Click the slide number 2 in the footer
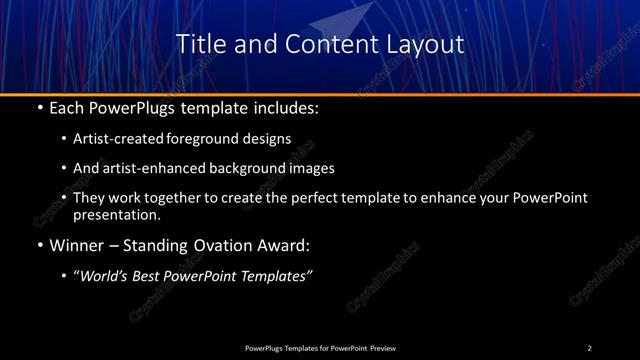(x=589, y=348)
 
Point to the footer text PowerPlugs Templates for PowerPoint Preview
(x=320, y=348)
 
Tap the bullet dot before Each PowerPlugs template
(x=39, y=106)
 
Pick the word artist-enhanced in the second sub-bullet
(x=145, y=168)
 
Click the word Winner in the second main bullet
(x=77, y=244)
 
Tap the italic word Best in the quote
(x=155, y=276)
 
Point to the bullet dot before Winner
(x=39, y=244)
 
